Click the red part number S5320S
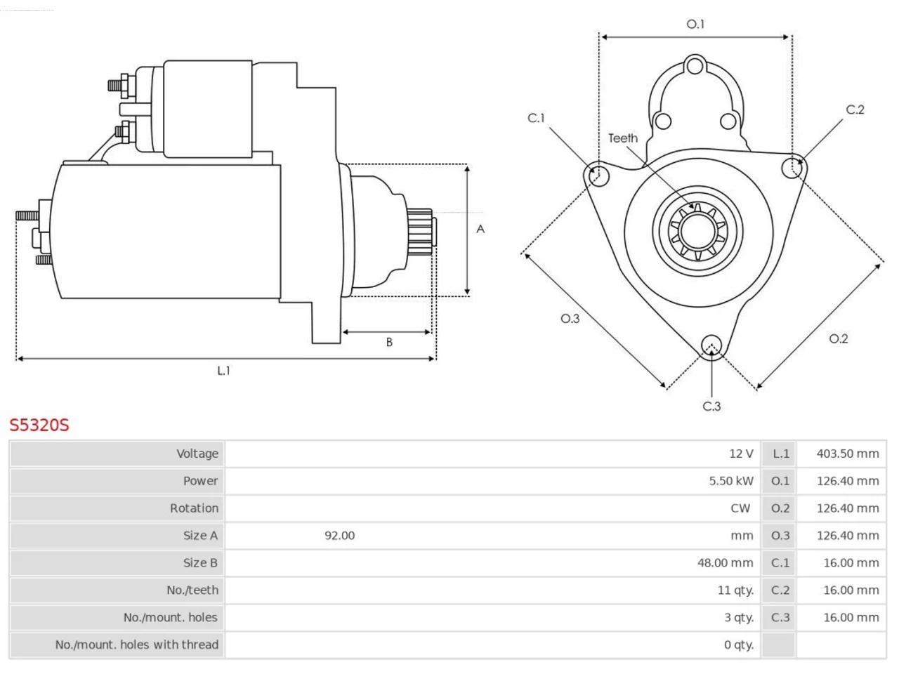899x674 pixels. pyautogui.click(x=39, y=425)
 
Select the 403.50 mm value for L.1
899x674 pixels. pyautogui.click(x=848, y=454)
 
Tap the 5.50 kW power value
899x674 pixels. pyautogui.click(x=731, y=481)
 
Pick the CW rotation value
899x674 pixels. pyautogui.click(x=740, y=508)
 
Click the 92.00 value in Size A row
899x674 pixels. pyautogui.click(x=339, y=535)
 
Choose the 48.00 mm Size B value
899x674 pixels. pyautogui.click(x=725, y=562)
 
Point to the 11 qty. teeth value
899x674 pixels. pyautogui.click(x=735, y=590)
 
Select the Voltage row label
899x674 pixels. pyautogui.click(x=197, y=454)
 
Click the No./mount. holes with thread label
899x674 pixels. pyautogui.click(x=137, y=645)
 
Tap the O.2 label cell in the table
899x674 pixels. pyautogui.click(x=780, y=508)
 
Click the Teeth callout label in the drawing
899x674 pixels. pyautogui.click(x=623, y=138)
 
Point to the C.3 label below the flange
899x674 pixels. pyautogui.click(x=711, y=407)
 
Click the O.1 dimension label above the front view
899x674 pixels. pyautogui.click(x=695, y=24)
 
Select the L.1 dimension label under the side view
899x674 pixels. pyautogui.click(x=223, y=371)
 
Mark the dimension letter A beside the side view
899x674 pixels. pyautogui.click(x=480, y=229)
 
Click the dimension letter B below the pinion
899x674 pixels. pyautogui.click(x=389, y=342)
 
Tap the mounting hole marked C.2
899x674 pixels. pyautogui.click(x=792, y=168)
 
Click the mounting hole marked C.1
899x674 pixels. pyautogui.click(x=598, y=176)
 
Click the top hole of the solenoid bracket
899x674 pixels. pyautogui.click(x=695, y=65)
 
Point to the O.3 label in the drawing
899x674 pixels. pyautogui.click(x=570, y=318)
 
